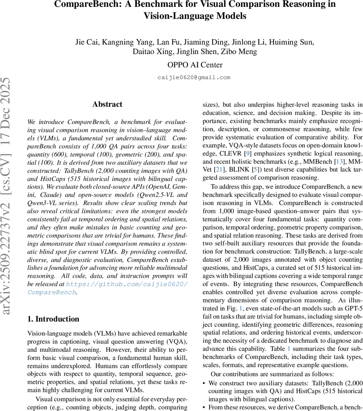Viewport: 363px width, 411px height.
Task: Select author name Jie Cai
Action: click(86, 42)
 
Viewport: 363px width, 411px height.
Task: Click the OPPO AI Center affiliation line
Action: click(195, 65)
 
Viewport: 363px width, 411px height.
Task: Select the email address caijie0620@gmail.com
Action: click(194, 77)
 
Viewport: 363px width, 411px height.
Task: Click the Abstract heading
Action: click(107, 104)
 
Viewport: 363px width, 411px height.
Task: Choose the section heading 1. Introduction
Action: click(53, 319)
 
